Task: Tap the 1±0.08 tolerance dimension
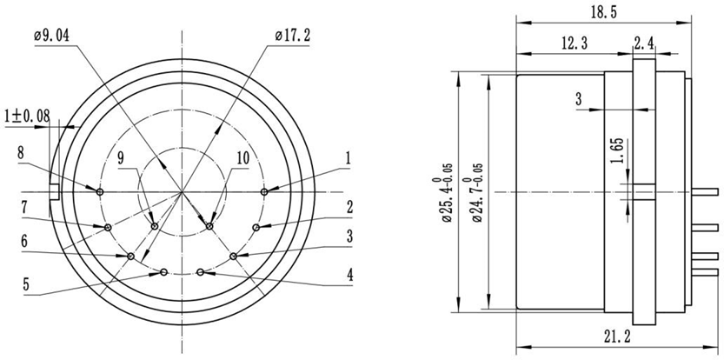(27, 114)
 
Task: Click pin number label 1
(348, 158)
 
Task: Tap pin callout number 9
(121, 157)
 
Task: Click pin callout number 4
(349, 274)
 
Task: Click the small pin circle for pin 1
(263, 191)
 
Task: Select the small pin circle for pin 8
(101, 191)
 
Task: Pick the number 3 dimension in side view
(578, 100)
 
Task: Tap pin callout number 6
(24, 241)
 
